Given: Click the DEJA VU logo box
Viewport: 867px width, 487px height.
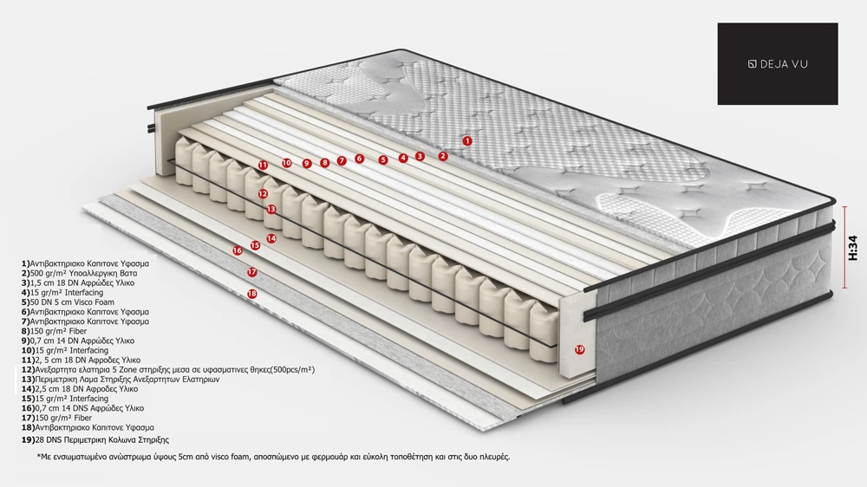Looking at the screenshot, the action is pos(778,63).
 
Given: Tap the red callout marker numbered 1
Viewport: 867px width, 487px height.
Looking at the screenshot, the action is pos(467,141).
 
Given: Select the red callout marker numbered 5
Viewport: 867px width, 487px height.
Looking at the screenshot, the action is pos(383,159).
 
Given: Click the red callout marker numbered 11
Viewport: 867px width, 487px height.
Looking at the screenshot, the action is pos(263,165).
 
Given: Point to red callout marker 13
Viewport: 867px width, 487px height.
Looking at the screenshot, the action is pos(271,209).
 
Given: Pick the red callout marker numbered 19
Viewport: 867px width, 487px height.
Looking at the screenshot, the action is pos(579,349).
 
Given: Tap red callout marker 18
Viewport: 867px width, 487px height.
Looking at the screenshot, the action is pos(252,294).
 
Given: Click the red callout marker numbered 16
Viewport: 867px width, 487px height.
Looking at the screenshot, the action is pos(238,250).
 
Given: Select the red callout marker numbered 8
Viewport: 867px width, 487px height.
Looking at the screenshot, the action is pos(324,163).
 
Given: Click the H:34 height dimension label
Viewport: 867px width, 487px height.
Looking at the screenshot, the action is pos(852,247).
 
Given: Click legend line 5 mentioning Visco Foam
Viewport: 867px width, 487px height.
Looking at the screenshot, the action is pos(68,302).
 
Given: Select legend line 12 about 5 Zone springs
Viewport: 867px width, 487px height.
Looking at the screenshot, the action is pos(168,369).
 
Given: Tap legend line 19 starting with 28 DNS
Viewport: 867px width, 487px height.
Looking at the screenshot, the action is pos(95,440).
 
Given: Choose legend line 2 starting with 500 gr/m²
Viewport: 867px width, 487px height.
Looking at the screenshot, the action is pos(79,273).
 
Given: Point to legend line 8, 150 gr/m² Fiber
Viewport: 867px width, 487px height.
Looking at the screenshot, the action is pos(54,331).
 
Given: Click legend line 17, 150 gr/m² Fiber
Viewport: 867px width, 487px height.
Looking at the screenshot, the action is pos(56,418).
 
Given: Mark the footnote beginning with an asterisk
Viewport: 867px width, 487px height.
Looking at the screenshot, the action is pos(273,458).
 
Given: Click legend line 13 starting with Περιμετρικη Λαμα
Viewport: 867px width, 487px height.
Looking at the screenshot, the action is pos(121,380).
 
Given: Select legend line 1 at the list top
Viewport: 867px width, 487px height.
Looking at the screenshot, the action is pos(85,263).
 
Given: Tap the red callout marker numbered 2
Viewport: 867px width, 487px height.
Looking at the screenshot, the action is pos(442,157).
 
